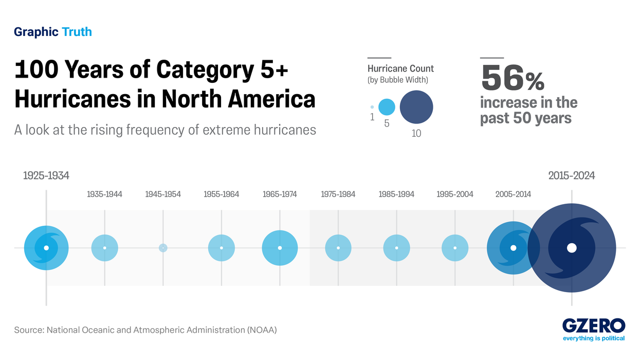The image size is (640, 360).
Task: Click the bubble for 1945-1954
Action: click(x=163, y=248)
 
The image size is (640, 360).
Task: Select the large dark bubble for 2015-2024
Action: click(x=572, y=248)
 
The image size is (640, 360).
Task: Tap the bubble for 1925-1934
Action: click(x=46, y=248)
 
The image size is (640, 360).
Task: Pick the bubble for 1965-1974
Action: click(x=280, y=248)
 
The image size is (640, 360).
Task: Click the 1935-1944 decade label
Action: click(x=104, y=194)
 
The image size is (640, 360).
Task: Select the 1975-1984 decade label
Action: click(x=338, y=194)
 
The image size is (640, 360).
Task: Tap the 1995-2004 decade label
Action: click(x=455, y=194)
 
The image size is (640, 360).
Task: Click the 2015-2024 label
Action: click(x=572, y=176)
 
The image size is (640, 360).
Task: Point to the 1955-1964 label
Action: click(x=221, y=194)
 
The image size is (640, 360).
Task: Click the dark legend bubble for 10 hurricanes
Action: click(x=416, y=107)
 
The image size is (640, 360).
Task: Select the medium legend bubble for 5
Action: click(x=387, y=107)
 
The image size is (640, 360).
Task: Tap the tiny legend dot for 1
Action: click(x=372, y=107)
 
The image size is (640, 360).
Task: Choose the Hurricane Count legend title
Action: click(x=400, y=68)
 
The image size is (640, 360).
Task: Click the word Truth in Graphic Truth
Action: click(x=77, y=32)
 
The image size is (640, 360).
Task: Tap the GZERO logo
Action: click(x=593, y=326)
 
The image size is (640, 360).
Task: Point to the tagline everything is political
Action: click(x=594, y=338)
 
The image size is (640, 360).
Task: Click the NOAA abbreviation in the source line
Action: click(x=261, y=330)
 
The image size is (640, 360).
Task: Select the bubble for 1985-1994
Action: click(x=396, y=248)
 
